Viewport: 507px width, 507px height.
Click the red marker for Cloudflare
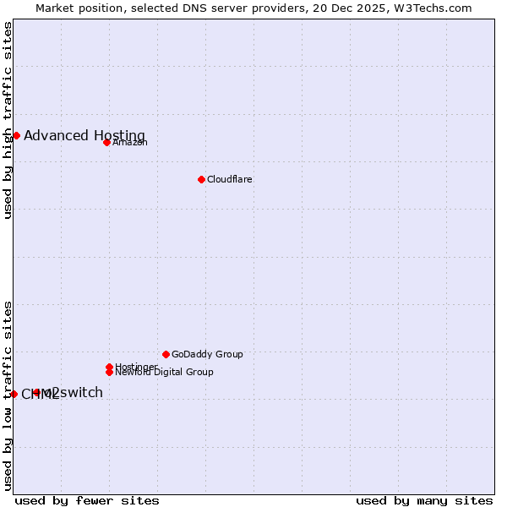[201, 179]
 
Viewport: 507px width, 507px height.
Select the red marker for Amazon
[106, 142]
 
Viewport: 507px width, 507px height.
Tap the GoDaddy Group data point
[166, 354]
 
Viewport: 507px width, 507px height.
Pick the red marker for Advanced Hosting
[16, 135]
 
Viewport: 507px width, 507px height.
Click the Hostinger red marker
[109, 367]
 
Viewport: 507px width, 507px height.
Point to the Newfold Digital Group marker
[109, 372]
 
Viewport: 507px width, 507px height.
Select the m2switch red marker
[36, 392]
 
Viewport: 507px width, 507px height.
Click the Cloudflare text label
[230, 179]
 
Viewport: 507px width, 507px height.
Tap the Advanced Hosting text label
[84, 135]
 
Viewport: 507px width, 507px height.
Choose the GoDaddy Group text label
[207, 354]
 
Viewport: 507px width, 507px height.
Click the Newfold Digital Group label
[164, 372]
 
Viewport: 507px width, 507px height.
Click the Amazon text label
[130, 142]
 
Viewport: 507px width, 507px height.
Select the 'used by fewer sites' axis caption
[87, 500]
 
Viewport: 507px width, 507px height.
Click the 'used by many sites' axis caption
[424, 500]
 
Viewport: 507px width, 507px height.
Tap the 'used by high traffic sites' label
[8, 120]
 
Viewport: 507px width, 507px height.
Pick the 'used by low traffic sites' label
[8, 395]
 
